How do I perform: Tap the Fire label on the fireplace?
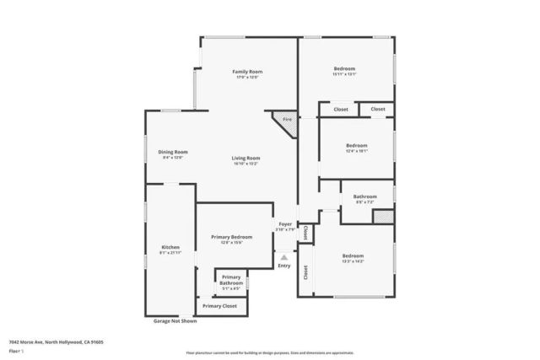pyautogui.click(x=286, y=120)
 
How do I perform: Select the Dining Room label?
pyautogui.click(x=171, y=152)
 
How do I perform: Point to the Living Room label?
pyautogui.click(x=246, y=158)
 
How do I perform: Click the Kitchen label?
pyautogui.click(x=170, y=248)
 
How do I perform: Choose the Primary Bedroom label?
pyautogui.click(x=231, y=238)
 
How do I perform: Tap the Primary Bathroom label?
pyautogui.click(x=230, y=281)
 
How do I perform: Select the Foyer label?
pyautogui.click(x=285, y=225)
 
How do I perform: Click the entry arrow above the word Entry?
pyautogui.click(x=283, y=258)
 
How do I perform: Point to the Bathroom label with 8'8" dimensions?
pyautogui.click(x=364, y=196)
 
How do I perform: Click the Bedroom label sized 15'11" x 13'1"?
pyautogui.click(x=344, y=68)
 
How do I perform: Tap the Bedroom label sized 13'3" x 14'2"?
pyautogui.click(x=353, y=255)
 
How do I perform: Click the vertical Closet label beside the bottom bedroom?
pyautogui.click(x=305, y=271)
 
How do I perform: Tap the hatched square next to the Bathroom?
pyautogui.click(x=383, y=217)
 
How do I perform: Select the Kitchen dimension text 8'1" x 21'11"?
pyautogui.click(x=170, y=253)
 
